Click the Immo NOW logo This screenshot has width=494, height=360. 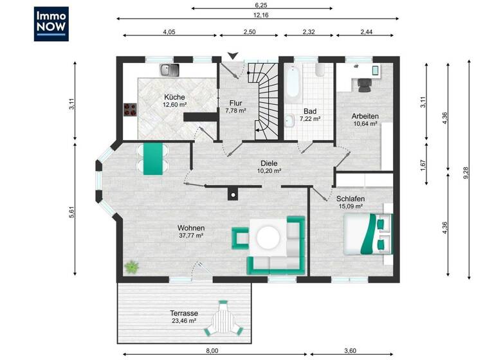(x=51, y=24)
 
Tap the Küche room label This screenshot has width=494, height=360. (x=174, y=97)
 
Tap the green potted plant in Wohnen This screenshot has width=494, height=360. (x=132, y=267)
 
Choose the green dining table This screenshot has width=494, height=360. (x=153, y=159)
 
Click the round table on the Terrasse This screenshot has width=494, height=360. (x=224, y=318)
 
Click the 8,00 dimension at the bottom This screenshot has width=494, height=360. (x=212, y=350)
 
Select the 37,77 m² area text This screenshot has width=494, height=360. (x=191, y=236)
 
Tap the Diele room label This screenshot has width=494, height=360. (x=269, y=163)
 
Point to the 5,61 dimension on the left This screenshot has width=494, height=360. (x=71, y=212)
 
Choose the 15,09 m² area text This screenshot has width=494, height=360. (x=351, y=207)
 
